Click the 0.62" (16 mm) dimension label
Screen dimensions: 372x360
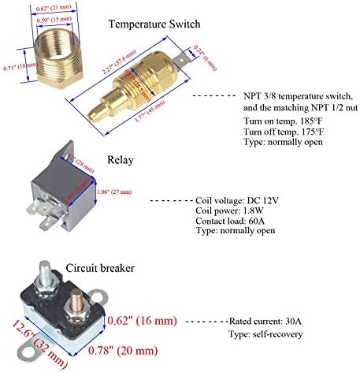click(x=145, y=322)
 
